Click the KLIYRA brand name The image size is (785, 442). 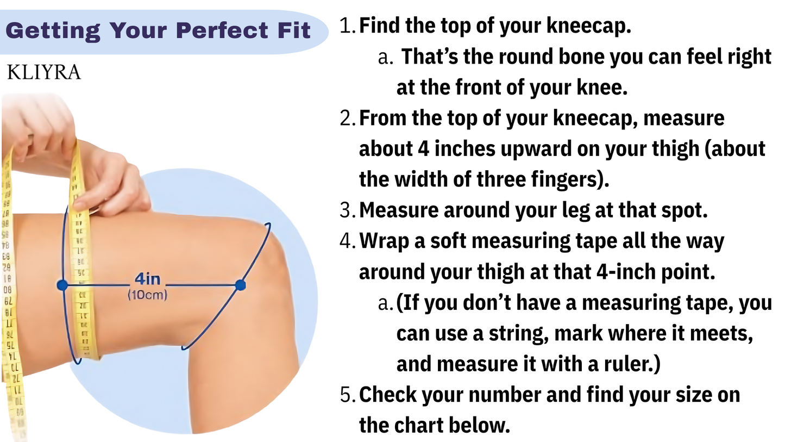point(44,72)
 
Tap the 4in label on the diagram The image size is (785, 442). point(147,279)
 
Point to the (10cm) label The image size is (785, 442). point(147,295)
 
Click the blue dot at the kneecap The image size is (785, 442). point(240,285)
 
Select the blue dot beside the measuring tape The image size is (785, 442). point(62,285)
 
